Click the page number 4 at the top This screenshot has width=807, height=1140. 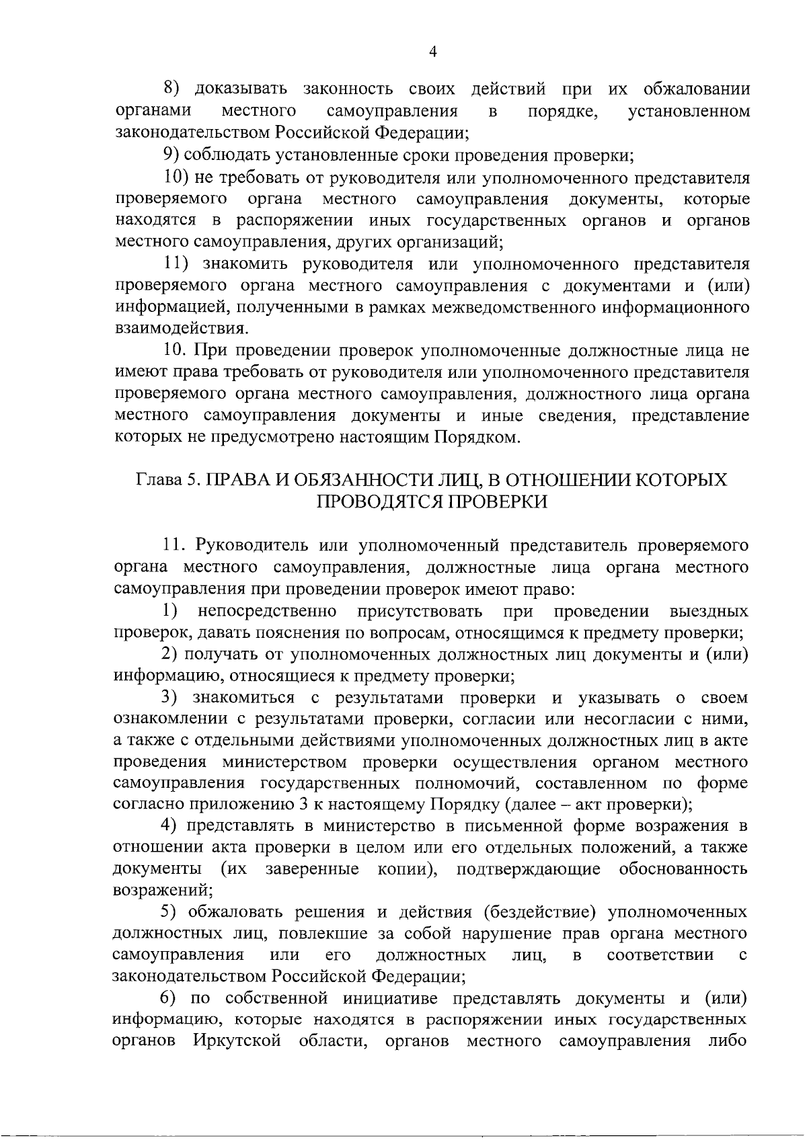pos(433,52)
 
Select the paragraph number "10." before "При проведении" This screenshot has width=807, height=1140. pos(178,350)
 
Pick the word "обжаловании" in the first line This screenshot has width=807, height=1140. pos(696,89)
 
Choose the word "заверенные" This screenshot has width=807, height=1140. pos(312,869)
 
